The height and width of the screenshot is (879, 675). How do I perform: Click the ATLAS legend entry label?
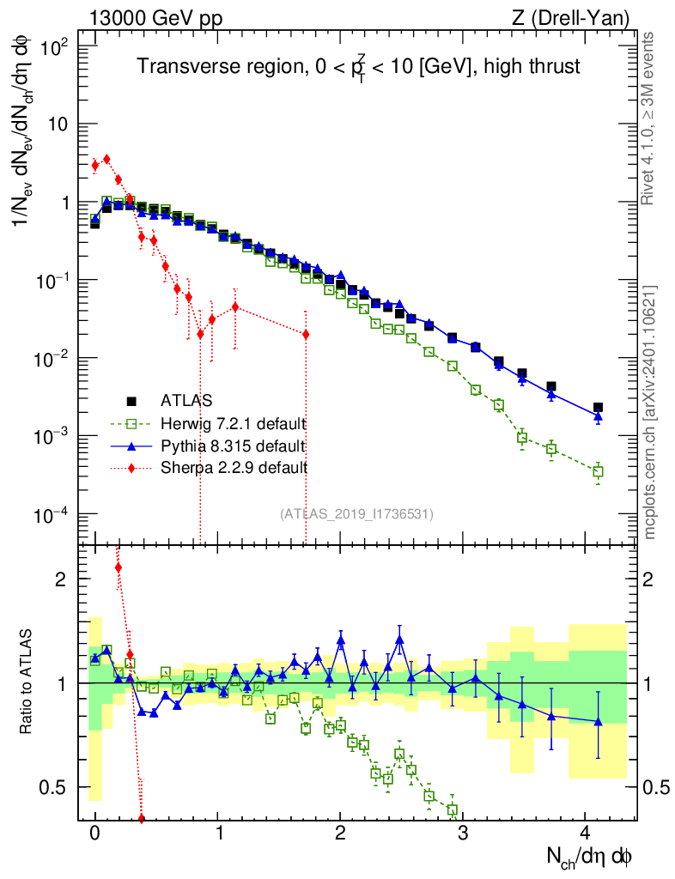pos(186,400)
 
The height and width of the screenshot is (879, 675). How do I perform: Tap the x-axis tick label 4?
pos(585,834)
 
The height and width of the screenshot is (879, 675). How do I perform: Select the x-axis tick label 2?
pos(340,834)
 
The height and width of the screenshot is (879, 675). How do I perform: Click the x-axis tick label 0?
pos(94,834)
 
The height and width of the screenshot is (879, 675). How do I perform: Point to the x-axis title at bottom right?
pos(592,857)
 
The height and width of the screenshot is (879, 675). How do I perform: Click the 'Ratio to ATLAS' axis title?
pos(28,682)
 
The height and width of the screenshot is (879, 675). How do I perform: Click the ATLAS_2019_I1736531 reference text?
pos(356,513)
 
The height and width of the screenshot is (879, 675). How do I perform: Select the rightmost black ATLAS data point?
pos(598,408)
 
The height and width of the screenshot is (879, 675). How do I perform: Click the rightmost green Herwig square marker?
pos(598,471)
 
